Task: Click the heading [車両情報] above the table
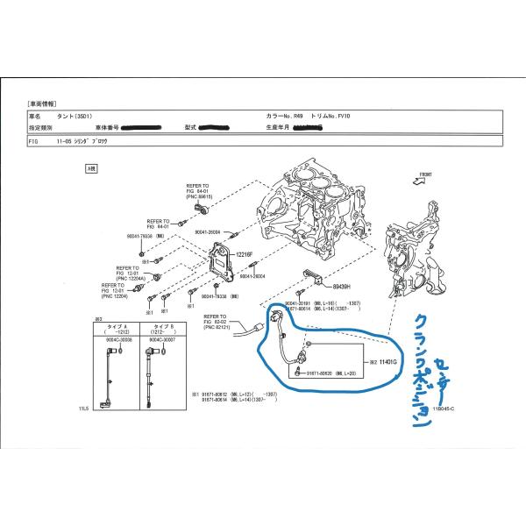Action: click(43, 103)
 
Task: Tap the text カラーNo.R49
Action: click(285, 115)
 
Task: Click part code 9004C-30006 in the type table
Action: click(116, 341)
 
